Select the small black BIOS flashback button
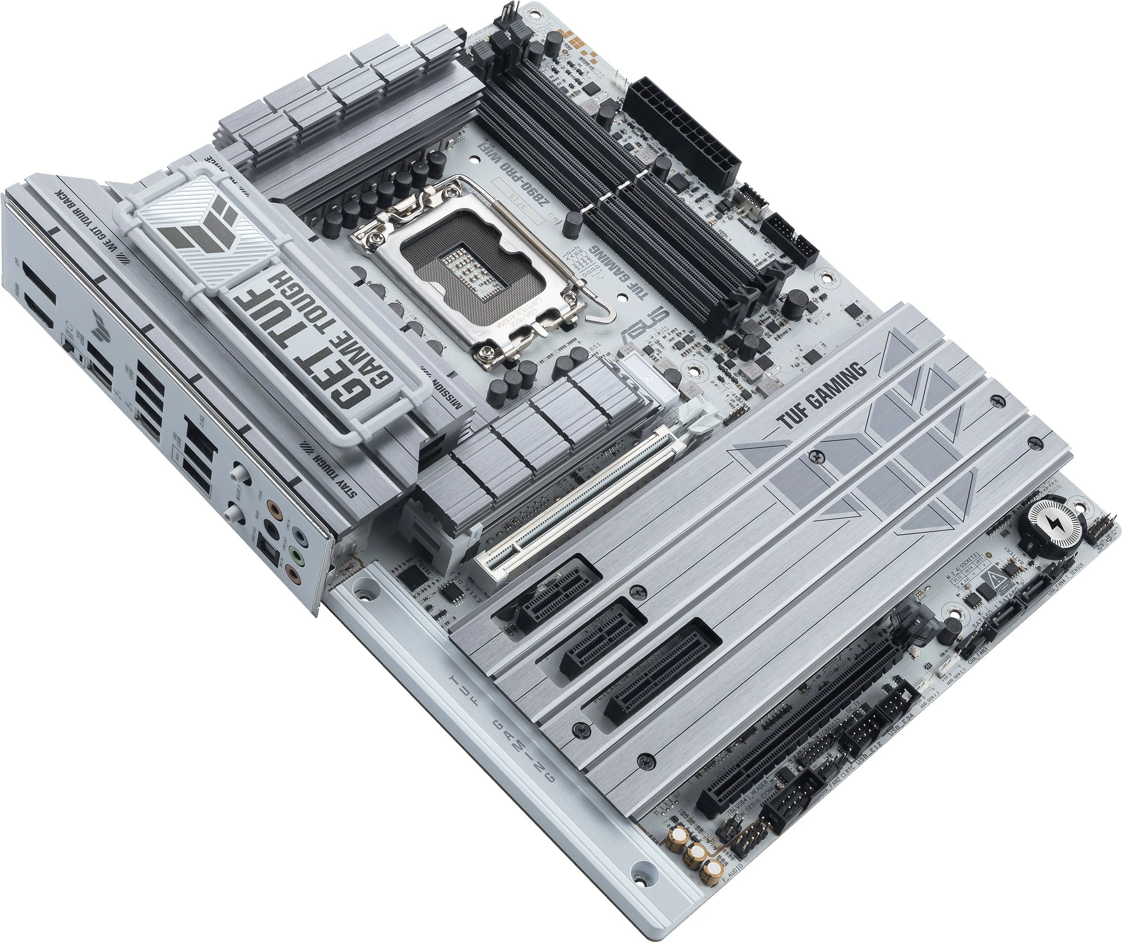(68, 348)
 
